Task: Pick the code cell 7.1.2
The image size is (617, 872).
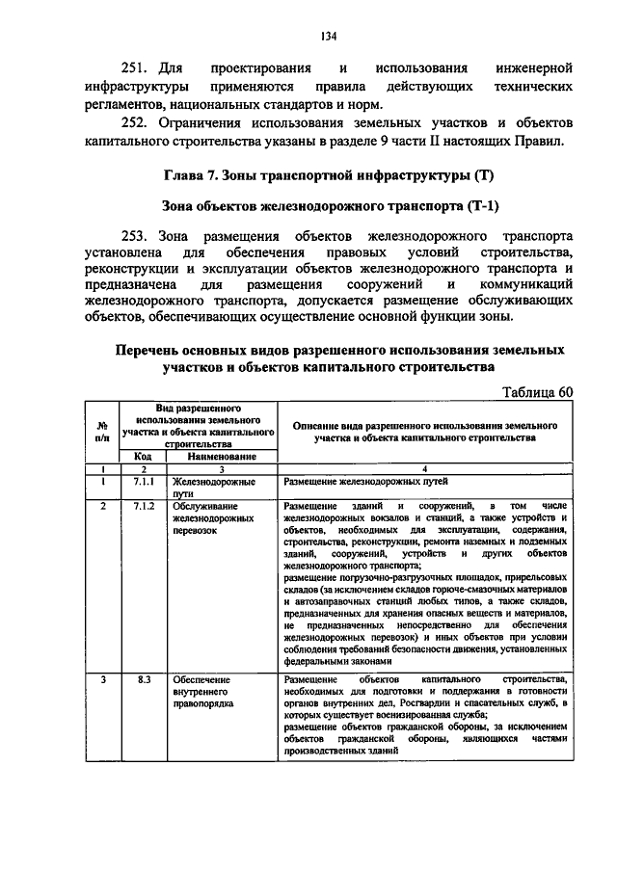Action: [x=144, y=506]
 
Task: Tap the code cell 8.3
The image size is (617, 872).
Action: [x=144, y=680]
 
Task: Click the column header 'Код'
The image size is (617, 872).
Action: [x=143, y=457]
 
